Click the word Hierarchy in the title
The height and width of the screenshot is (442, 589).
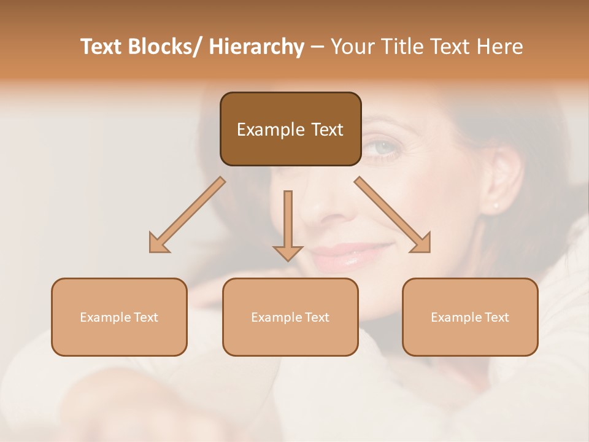256,47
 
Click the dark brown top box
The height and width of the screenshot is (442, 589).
290,129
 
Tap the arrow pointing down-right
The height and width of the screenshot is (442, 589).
393,215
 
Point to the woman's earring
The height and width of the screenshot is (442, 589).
496,205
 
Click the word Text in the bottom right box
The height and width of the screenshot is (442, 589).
496,317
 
